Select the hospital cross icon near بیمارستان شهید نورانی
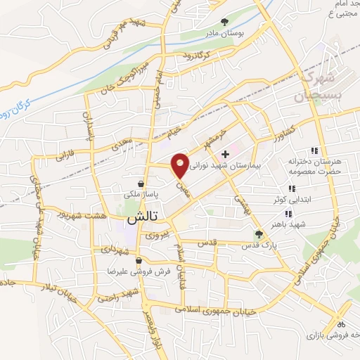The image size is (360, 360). click(x=225, y=154)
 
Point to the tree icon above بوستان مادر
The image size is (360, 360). click(x=225, y=22)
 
